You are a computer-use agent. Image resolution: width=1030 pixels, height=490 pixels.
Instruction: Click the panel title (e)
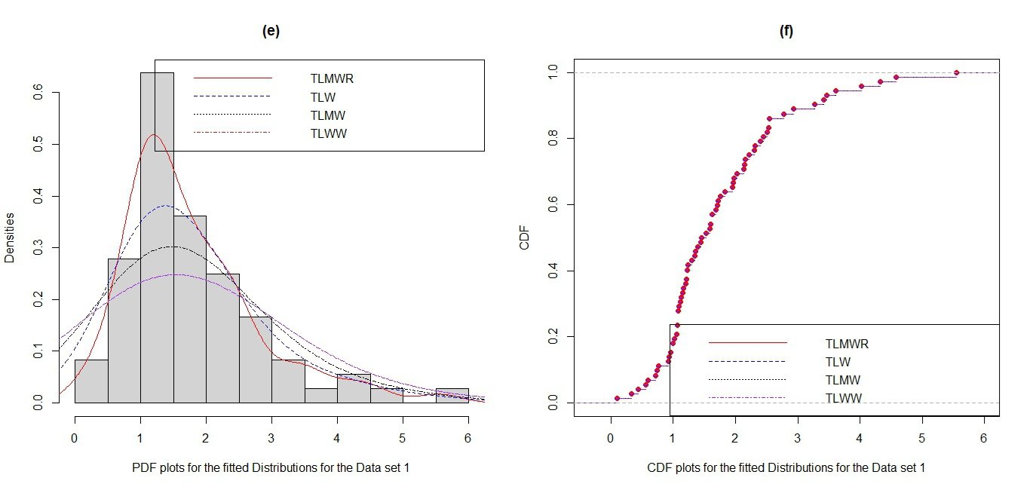[x=270, y=31]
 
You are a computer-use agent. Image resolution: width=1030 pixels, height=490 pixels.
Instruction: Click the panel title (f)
[x=786, y=31]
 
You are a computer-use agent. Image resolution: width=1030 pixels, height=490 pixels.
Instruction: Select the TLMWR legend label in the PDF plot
[x=332, y=78]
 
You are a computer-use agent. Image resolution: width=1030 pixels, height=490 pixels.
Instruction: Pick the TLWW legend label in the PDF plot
[x=329, y=133]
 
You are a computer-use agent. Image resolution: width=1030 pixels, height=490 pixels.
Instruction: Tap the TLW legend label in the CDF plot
[x=838, y=362]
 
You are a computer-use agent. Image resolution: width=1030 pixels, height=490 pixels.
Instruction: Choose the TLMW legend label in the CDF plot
[x=842, y=380]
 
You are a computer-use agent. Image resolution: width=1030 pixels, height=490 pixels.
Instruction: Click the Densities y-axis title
[x=10, y=237]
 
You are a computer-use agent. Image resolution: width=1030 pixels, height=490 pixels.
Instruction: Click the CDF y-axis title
[x=525, y=236]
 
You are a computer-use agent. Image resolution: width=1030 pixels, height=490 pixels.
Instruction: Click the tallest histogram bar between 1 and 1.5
[x=157, y=226]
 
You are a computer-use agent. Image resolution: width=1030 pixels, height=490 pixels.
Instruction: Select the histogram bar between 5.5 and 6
[x=452, y=396]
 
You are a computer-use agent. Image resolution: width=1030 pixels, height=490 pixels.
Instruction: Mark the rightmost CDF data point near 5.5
[x=956, y=72]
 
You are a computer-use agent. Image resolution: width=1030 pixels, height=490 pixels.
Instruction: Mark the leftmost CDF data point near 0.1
[x=617, y=398]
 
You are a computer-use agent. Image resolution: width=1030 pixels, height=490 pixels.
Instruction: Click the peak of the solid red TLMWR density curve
[x=153, y=135]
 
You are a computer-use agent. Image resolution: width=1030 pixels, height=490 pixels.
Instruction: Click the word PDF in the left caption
[x=143, y=467]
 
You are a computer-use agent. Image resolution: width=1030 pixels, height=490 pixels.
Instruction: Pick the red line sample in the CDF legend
[x=747, y=343]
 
